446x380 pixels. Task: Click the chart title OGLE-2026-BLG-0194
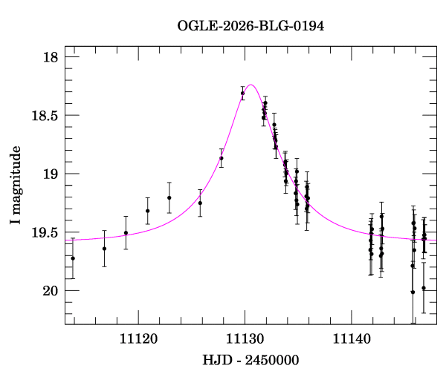pyautogui.click(x=251, y=26)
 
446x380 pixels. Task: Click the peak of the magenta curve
pyautogui.click(x=251, y=85)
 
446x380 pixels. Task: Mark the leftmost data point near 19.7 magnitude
pyautogui.click(x=73, y=258)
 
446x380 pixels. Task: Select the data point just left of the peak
pyautogui.click(x=242, y=93)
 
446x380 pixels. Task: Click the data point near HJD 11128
pyautogui.click(x=222, y=158)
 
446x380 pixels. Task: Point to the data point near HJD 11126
pyautogui.click(x=200, y=203)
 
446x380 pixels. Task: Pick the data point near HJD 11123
pyautogui.click(x=169, y=197)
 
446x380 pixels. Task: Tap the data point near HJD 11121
pyautogui.click(x=148, y=211)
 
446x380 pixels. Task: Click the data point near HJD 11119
pyautogui.click(x=126, y=232)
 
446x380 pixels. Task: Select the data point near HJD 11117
pyautogui.click(x=104, y=248)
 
